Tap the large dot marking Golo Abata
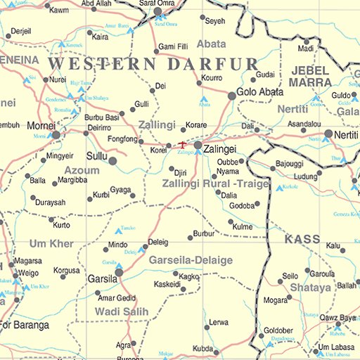point(232,96)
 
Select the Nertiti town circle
point(328,133)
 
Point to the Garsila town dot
point(119,271)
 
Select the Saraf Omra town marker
point(158,12)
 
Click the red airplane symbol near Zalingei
point(183,145)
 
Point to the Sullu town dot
point(113,161)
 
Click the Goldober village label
point(278,330)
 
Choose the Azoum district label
point(82,171)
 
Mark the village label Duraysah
point(51,202)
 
